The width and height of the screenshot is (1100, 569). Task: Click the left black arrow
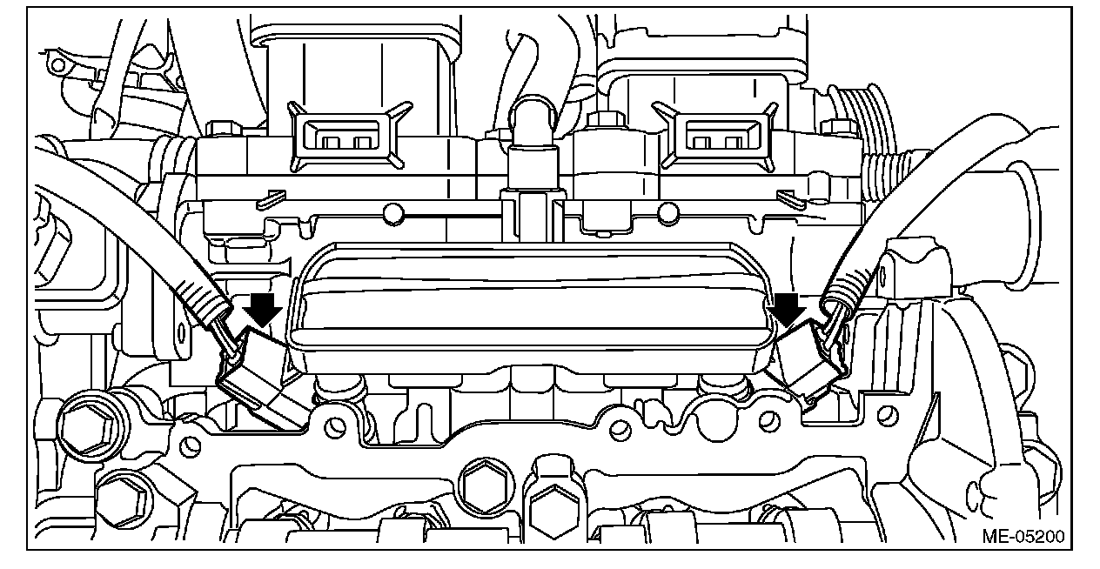coord(264,309)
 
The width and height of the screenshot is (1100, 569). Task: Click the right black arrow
coord(788,309)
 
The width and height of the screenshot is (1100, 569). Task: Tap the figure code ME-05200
coord(1023,536)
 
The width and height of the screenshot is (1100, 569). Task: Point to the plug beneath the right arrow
coord(805,364)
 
